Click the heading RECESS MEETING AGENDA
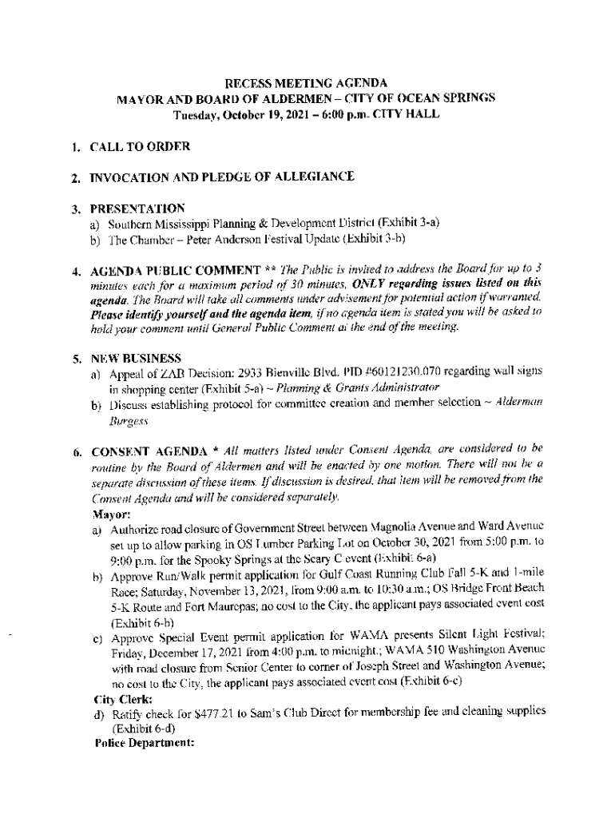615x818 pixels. pyautogui.click(x=307, y=82)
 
